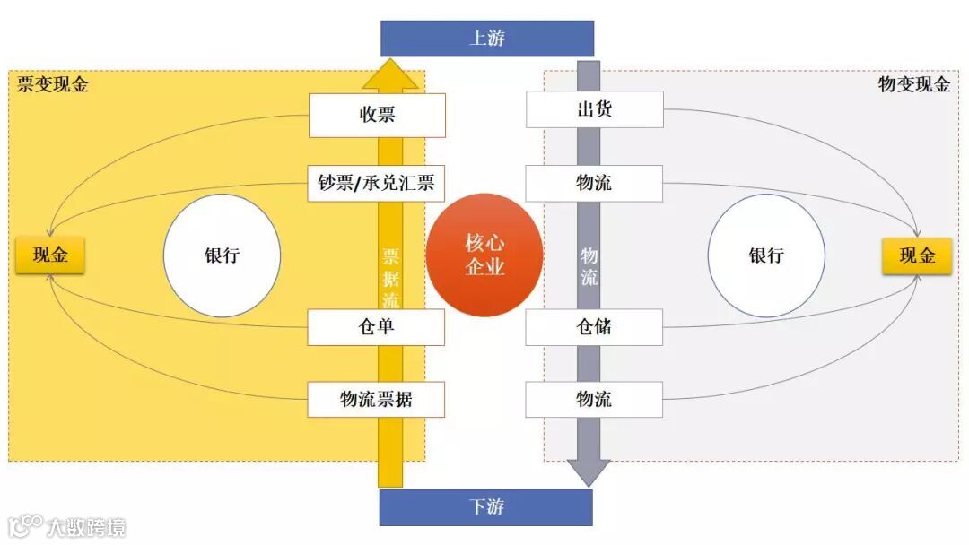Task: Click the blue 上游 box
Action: tap(487, 39)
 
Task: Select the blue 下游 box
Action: tap(486, 506)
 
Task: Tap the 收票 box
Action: tap(377, 115)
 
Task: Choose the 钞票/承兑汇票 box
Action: tap(377, 183)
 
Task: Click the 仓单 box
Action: tap(377, 327)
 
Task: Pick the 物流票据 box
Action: tap(377, 399)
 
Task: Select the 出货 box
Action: tap(594, 109)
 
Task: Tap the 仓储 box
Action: tap(594, 327)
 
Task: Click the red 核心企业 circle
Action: tap(484, 255)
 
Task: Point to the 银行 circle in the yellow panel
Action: tap(222, 255)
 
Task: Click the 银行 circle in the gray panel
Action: tap(766, 255)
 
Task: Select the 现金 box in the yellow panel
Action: tap(50, 255)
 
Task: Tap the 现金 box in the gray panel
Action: tap(917, 256)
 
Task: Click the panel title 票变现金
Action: tap(53, 85)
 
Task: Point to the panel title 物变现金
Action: tap(914, 85)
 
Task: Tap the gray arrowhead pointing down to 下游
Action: tap(589, 471)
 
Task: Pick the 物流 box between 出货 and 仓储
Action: tap(594, 183)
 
